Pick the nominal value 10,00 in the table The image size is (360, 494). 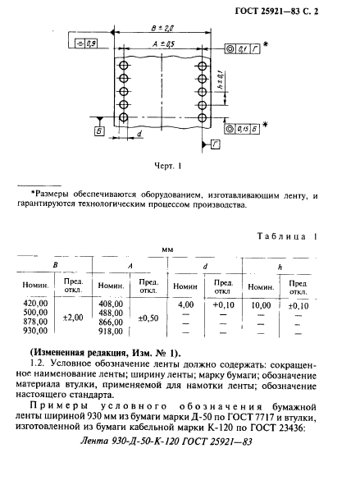(261, 304)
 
